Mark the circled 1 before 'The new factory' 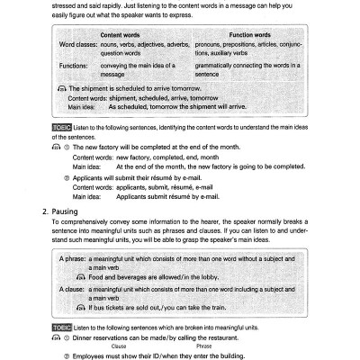point(66,147)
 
